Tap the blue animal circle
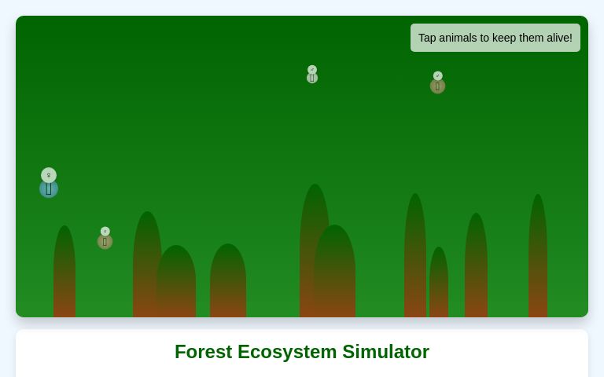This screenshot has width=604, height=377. click(49, 188)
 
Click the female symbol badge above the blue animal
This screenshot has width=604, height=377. click(49, 175)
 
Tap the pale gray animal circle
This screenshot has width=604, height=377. click(312, 78)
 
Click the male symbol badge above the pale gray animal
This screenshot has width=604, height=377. click(312, 70)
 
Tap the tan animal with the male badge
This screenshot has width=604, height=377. click(437, 86)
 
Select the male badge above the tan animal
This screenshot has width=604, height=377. click(438, 76)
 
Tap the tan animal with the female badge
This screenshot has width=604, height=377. click(105, 242)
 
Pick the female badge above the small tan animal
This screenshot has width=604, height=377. click(105, 232)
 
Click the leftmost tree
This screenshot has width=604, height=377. click(64, 275)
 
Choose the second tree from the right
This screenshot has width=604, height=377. click(476, 267)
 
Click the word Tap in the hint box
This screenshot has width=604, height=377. click(429, 38)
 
